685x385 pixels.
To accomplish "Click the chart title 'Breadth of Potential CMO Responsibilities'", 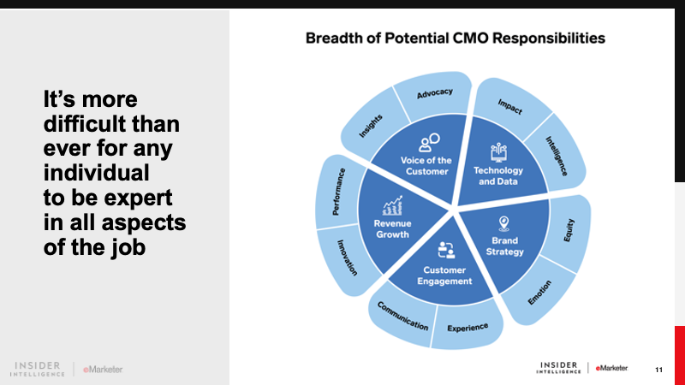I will tap(455, 38).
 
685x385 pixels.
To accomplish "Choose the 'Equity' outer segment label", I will tap(569, 229).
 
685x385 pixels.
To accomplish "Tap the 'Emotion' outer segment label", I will tap(539, 293).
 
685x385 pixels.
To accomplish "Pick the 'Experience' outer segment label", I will tap(468, 327).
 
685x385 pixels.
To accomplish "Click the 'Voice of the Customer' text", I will tap(425, 166).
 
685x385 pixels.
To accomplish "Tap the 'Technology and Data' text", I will tap(498, 175).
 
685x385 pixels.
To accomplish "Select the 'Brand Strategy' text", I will tap(504, 246).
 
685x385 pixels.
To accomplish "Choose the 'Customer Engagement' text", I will tap(445, 275).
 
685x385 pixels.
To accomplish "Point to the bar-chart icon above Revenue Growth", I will tap(393, 206).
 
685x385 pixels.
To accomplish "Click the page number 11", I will tap(658, 369).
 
